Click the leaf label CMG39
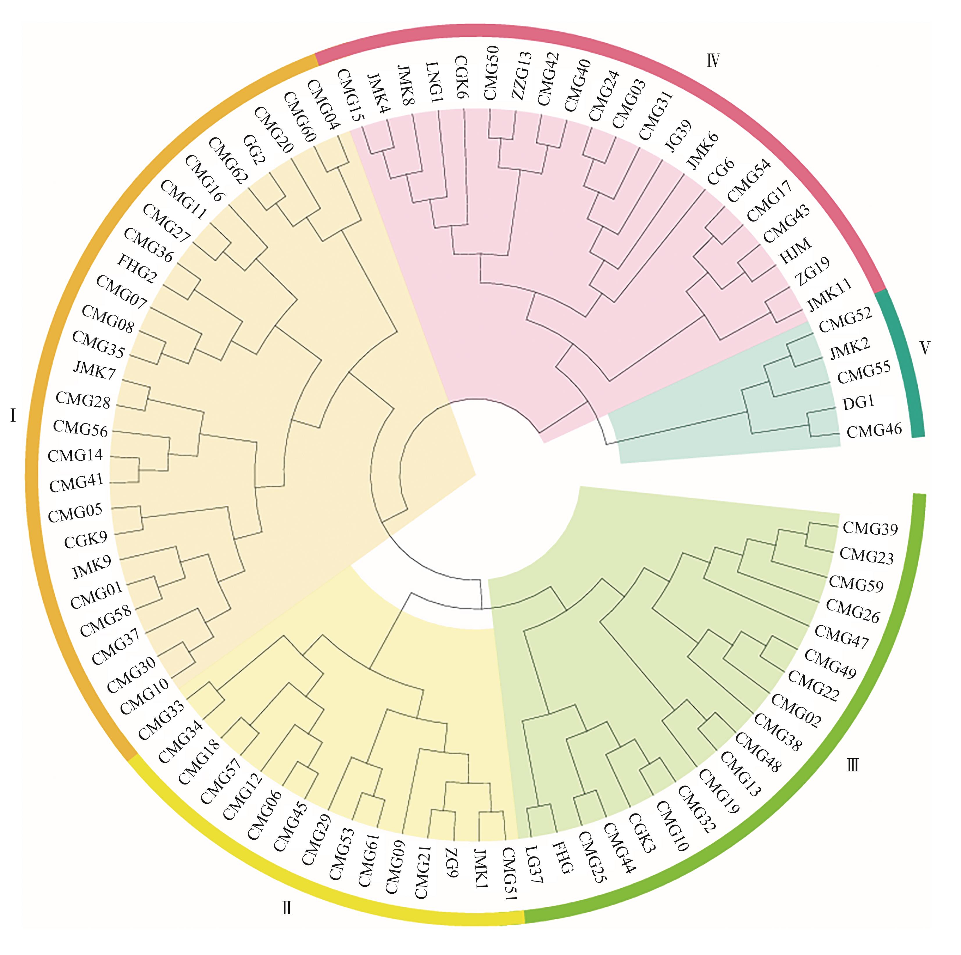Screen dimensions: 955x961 tap(870, 528)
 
